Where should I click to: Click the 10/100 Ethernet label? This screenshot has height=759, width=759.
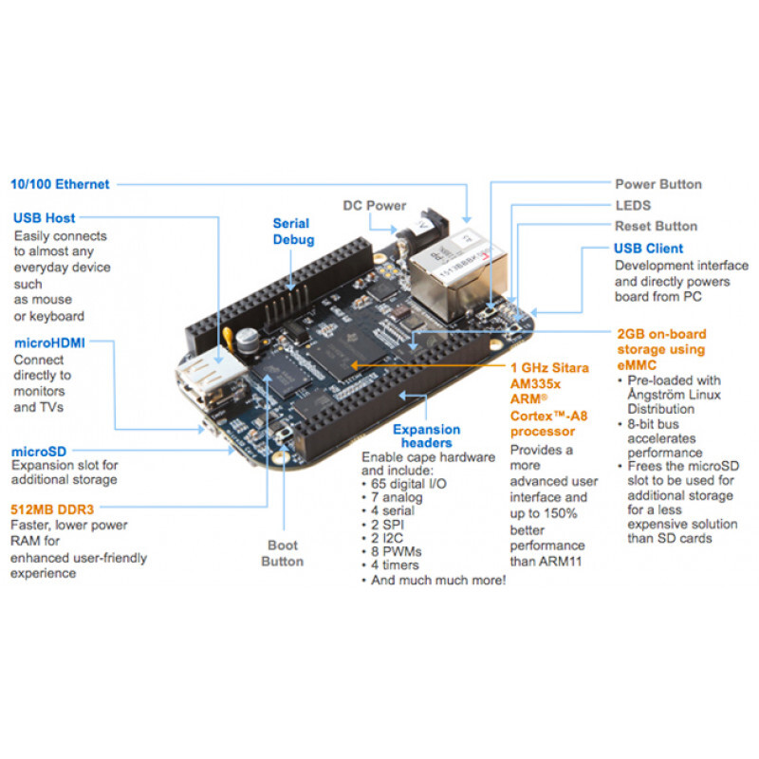60,184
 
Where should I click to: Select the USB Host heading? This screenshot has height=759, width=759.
44,218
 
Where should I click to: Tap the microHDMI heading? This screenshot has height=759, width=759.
49,342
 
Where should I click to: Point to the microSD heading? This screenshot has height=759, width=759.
38,451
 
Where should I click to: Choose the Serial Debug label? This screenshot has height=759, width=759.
291,231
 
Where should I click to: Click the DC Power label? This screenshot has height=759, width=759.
374,205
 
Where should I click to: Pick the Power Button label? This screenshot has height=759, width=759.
658,184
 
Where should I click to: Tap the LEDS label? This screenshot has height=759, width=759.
633,205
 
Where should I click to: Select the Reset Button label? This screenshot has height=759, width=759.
656,226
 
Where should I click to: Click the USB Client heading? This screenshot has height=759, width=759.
648,249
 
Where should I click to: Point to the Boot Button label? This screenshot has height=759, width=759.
283,553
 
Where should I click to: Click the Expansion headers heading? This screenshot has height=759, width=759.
426,436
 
